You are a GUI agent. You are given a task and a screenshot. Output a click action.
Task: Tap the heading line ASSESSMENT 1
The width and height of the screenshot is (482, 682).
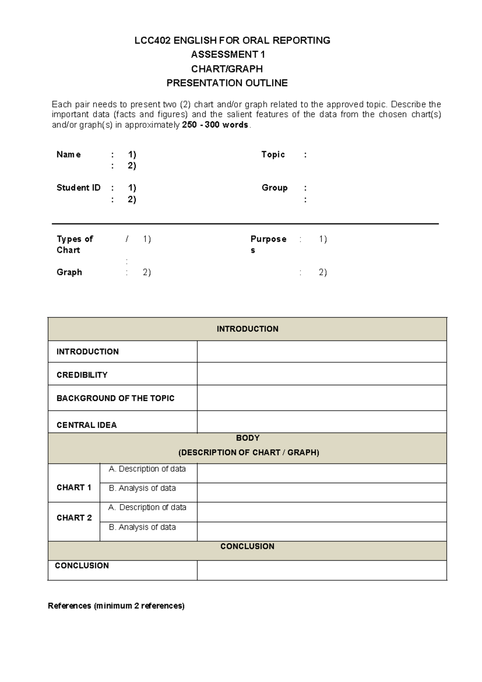click(228, 55)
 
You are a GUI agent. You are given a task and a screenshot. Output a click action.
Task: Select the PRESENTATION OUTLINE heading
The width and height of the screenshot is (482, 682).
click(227, 83)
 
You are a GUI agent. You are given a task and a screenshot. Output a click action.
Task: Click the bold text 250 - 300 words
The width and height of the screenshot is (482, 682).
click(215, 125)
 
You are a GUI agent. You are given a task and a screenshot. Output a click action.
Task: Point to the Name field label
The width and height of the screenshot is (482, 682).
click(69, 155)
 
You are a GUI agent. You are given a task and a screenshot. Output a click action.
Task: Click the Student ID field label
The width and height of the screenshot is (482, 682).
click(78, 188)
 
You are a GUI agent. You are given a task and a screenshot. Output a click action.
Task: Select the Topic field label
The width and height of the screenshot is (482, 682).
click(273, 155)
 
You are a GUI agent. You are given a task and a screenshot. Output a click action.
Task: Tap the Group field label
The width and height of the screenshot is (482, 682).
click(274, 188)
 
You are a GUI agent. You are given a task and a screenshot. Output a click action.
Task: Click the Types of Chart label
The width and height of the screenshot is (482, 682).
click(74, 244)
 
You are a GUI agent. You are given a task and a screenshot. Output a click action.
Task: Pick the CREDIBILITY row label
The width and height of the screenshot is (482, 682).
click(82, 375)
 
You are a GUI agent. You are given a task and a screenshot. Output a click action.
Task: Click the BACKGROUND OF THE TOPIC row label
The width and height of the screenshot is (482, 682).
click(115, 398)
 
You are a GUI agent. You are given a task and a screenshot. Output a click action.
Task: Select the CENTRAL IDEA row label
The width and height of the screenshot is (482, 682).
click(86, 425)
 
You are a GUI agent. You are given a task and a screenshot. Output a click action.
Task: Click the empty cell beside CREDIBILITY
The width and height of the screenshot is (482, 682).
click(321, 374)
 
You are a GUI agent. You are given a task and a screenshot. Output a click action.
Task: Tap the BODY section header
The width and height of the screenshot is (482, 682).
click(247, 438)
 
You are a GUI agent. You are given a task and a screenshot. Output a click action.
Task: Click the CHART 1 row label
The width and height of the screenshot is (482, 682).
click(74, 487)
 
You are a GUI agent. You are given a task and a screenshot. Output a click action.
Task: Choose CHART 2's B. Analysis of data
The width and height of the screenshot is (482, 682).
click(142, 527)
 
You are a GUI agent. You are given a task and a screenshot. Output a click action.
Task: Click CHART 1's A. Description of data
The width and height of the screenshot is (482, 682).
click(147, 469)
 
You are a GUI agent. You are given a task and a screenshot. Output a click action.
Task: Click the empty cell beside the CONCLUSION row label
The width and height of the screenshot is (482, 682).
click(321, 570)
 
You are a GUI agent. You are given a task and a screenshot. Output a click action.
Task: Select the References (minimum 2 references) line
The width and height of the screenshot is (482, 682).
click(116, 606)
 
